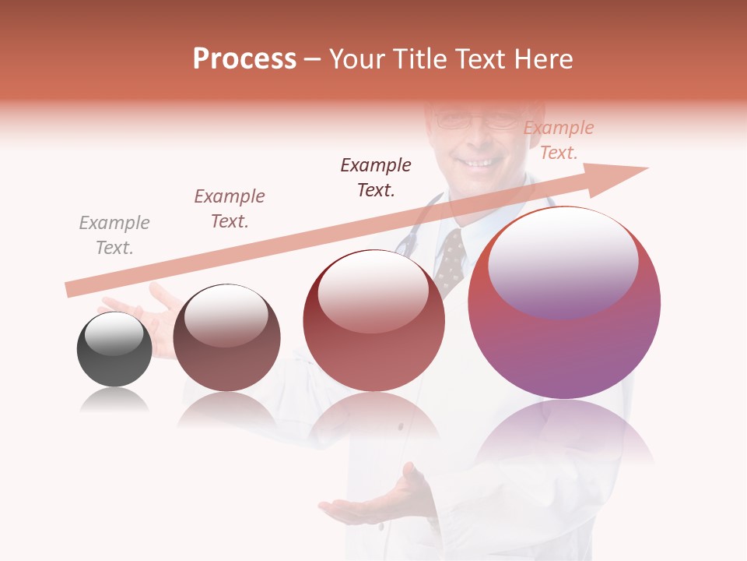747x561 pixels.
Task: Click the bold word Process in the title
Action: coord(244,59)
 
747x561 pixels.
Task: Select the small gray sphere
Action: coord(114,349)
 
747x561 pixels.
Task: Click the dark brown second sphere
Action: coord(226,338)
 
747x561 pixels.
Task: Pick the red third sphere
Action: coord(373,320)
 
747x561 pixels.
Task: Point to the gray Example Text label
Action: coord(114,235)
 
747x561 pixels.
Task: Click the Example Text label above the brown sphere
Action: coord(230,209)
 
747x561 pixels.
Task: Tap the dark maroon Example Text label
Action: coord(376,178)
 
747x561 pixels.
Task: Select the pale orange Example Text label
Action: coord(559,140)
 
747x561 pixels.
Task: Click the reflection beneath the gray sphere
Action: coord(114,400)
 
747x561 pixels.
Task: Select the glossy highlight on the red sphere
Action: coord(373,293)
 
